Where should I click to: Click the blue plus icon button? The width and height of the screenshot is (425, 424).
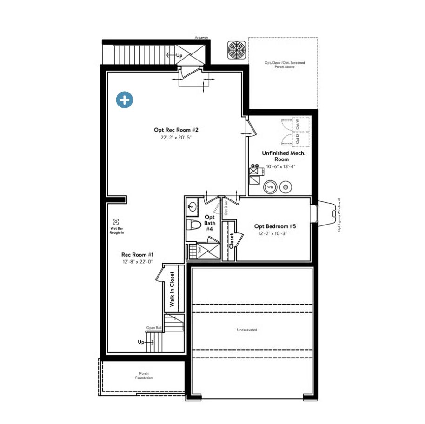pos(125,100)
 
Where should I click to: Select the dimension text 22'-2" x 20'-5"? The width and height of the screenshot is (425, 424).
pos(176,138)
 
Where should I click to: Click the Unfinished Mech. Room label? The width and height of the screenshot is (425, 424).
pos(281,156)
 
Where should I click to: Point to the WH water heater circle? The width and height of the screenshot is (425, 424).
pos(270,187)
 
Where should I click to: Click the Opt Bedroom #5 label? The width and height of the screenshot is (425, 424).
pos(275,226)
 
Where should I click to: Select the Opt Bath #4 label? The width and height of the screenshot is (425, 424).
pos(210,223)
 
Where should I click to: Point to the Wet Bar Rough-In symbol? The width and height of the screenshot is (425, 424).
pos(116,222)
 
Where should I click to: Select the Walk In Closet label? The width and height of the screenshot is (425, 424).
pos(172,289)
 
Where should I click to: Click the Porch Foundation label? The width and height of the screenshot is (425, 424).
pos(144,375)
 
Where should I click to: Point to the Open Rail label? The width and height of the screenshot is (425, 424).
pos(153,327)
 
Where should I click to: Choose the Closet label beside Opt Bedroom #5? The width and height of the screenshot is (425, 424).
pos(231,241)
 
